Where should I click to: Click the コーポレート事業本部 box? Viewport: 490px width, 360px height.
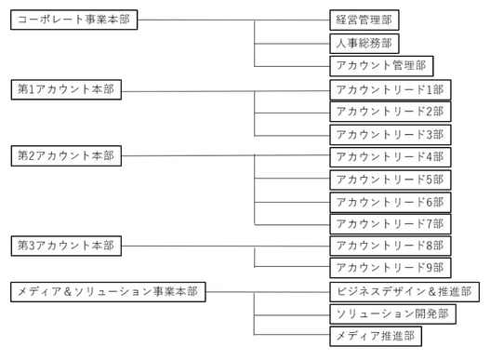[x=73, y=20]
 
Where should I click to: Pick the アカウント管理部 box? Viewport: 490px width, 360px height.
[x=381, y=65]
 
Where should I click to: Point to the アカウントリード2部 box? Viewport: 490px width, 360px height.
[x=391, y=111]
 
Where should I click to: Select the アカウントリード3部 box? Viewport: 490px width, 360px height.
[x=391, y=133]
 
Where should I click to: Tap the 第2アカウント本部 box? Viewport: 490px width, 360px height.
[x=66, y=155]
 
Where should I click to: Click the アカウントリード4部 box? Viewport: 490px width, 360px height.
[x=391, y=155]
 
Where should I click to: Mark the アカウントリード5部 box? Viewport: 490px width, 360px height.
[x=391, y=179]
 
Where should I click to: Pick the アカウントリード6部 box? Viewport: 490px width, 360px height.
[x=391, y=201]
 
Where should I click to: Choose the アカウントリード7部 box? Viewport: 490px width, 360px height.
[x=391, y=223]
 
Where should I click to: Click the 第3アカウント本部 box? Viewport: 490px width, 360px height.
[x=66, y=246]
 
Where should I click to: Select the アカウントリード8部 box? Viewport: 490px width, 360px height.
[x=391, y=246]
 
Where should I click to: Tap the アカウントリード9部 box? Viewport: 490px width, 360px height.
[x=391, y=268]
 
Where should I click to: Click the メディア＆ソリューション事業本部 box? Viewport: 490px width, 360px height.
[x=108, y=291]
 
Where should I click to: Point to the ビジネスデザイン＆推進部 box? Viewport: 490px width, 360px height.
[x=405, y=291]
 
